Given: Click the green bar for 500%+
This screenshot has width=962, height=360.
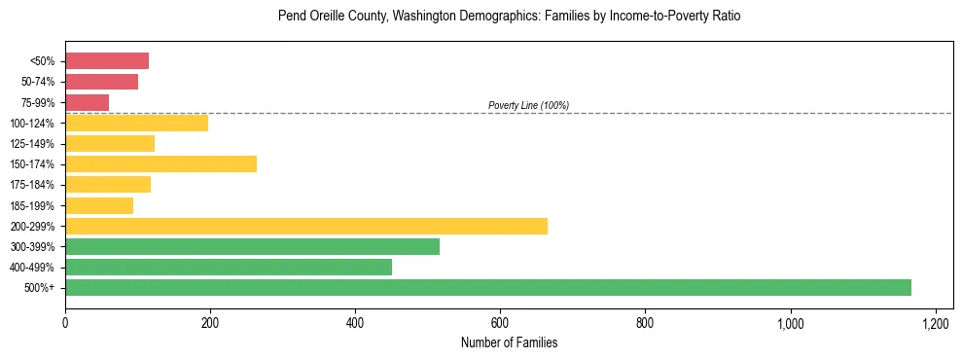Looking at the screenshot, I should (488, 287).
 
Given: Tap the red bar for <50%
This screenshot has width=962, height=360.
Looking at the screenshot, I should (107, 61).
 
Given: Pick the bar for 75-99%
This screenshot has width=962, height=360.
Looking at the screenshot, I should (87, 102).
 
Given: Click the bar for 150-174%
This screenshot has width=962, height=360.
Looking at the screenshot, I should (160, 163).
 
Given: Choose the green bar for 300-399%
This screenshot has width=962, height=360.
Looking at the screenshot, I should (252, 246).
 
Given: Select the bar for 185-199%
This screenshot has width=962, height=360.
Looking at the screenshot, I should (99, 205).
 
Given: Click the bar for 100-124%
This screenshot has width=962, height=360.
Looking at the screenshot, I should (136, 123).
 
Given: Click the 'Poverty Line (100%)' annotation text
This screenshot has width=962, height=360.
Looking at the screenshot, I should (528, 105).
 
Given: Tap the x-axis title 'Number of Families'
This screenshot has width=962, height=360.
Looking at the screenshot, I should (509, 343).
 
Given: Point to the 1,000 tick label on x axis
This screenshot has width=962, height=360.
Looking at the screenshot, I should (790, 323).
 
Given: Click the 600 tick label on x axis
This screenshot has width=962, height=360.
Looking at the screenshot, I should (500, 323).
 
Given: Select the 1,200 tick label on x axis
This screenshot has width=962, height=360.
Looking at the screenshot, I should (935, 323).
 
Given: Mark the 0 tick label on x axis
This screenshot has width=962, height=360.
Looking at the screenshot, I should (65, 323).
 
